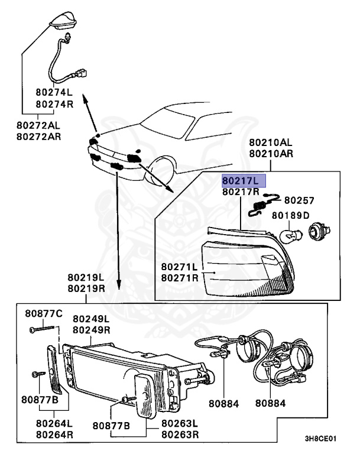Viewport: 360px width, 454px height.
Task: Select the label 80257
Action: coord(299,200)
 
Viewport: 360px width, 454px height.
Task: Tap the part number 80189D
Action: coord(290,215)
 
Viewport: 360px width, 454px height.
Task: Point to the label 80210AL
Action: coord(270,142)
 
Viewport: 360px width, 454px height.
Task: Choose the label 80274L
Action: coord(54,92)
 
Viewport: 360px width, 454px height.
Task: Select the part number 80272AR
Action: coord(38,137)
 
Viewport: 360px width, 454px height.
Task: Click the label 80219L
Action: coord(86,277)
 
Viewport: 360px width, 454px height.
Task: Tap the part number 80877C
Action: coord(43,313)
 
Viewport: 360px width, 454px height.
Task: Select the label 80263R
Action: coord(180,434)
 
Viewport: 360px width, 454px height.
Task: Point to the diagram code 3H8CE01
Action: coord(320,440)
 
